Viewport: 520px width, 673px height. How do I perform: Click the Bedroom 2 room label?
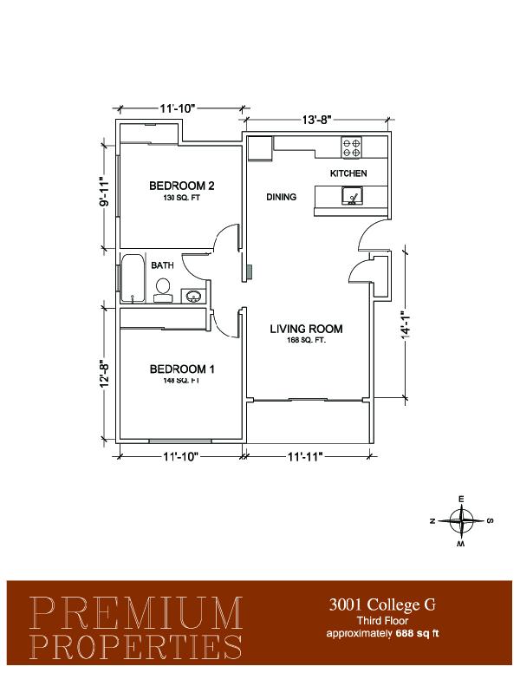(x=181, y=186)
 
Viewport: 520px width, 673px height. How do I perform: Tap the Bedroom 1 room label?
(x=182, y=369)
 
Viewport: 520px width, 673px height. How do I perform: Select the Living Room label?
(x=306, y=330)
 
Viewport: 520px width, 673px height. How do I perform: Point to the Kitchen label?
(x=348, y=173)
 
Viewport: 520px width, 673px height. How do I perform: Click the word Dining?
(x=281, y=197)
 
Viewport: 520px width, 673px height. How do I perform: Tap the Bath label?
(x=162, y=265)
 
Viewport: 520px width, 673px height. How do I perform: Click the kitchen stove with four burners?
(x=351, y=147)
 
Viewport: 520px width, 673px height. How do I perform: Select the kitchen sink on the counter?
(x=352, y=196)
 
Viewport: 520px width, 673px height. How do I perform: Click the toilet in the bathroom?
(x=163, y=291)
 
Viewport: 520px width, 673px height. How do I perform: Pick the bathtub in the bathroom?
(x=133, y=279)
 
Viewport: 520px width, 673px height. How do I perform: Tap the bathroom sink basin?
(x=192, y=296)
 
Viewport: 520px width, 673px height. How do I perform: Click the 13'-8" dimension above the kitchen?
(x=317, y=120)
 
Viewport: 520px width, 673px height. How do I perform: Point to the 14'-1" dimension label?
(x=405, y=324)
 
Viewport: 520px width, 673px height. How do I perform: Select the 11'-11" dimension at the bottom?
(x=305, y=457)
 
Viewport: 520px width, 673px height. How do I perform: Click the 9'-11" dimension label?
(x=104, y=192)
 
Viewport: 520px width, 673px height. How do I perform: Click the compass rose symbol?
(x=461, y=520)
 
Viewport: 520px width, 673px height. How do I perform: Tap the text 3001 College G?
(x=382, y=604)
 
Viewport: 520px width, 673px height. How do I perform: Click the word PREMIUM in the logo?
(x=136, y=612)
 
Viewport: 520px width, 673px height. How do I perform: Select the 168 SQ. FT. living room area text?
(x=306, y=340)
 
